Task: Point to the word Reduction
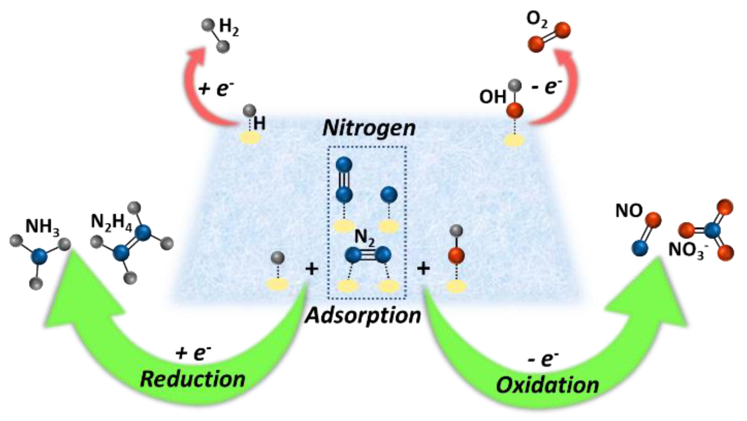[193, 379]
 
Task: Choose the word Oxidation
[547, 385]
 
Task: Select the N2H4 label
[111, 224]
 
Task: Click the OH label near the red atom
[492, 97]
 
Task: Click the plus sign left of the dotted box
[312, 269]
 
